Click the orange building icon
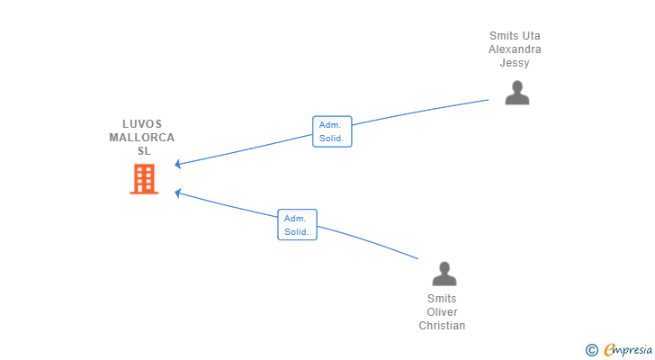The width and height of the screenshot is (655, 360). [x=144, y=179]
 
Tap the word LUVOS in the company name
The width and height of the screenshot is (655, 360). [x=142, y=124]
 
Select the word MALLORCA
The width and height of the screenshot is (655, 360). [x=142, y=138]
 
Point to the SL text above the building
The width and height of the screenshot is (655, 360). [x=144, y=151]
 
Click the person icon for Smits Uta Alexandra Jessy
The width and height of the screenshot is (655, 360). [x=516, y=93]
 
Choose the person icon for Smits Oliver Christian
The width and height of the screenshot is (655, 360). [x=444, y=274]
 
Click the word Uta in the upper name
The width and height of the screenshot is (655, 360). [x=531, y=36]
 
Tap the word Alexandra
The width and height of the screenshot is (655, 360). [x=515, y=49]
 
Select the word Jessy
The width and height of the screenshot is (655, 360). [x=515, y=63]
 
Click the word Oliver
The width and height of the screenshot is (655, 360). [x=443, y=312]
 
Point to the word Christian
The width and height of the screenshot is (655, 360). [x=443, y=326]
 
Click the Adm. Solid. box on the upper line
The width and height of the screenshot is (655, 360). [x=332, y=132]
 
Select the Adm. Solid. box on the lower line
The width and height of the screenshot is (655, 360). [x=297, y=225]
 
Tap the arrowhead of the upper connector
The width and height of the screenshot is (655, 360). [x=178, y=165]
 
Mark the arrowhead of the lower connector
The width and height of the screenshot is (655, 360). [x=178, y=192]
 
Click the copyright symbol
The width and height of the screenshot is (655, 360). [x=591, y=349]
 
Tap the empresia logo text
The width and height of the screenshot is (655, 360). [x=630, y=349]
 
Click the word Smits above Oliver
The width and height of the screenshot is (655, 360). [x=443, y=299]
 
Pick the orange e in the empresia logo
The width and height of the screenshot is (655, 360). [x=609, y=349]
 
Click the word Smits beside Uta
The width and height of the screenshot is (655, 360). [x=504, y=36]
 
